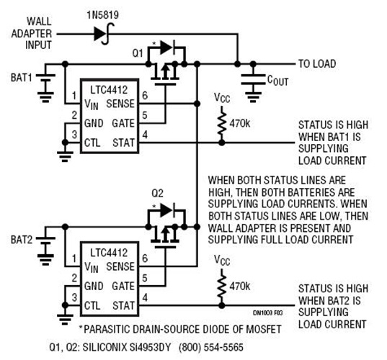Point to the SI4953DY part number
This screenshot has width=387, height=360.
click(156, 346)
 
